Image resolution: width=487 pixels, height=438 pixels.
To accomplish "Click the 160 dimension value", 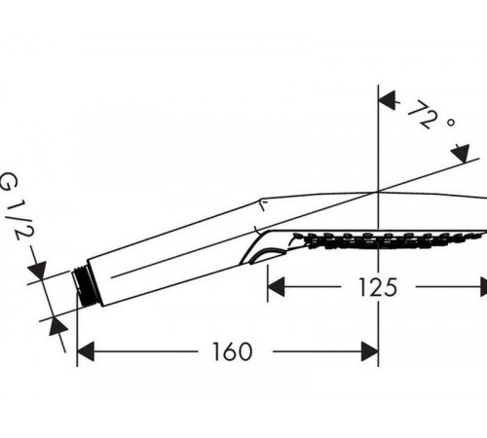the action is point(232,351).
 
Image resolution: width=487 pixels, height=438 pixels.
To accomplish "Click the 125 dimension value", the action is point(378,287).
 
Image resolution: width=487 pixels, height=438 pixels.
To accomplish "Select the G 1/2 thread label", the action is point(17,205).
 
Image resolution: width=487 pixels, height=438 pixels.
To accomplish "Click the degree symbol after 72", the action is point(450,123).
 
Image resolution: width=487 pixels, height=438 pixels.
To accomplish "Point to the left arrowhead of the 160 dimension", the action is point(86,351).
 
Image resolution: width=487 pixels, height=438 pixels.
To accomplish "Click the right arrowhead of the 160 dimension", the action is point(370,351).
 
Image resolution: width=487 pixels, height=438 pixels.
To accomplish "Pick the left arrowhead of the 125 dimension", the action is point(276,287).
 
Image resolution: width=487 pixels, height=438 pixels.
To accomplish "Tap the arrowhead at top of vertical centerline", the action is point(388,100).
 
